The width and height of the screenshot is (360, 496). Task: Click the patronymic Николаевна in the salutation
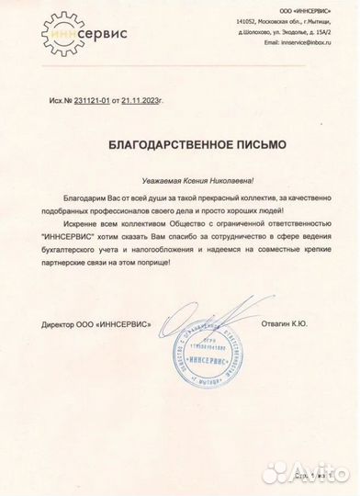(x=216, y=182)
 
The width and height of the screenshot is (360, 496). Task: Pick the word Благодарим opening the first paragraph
(x=84, y=198)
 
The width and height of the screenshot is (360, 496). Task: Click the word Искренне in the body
(x=80, y=225)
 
